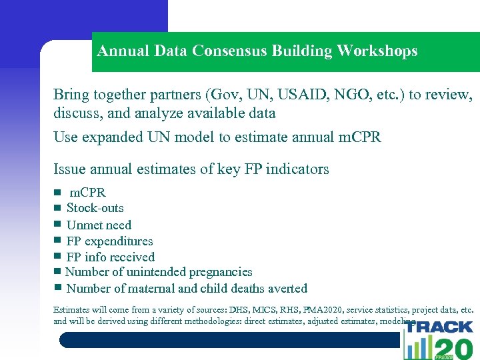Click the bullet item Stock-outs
tap(95, 208)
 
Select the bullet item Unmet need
tap(99, 225)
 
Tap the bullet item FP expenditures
tap(109, 241)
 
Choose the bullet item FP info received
tap(110, 257)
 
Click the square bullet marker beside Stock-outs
tap(58, 208)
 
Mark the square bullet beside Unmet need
tap(58, 225)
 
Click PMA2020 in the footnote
tap(321, 310)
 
